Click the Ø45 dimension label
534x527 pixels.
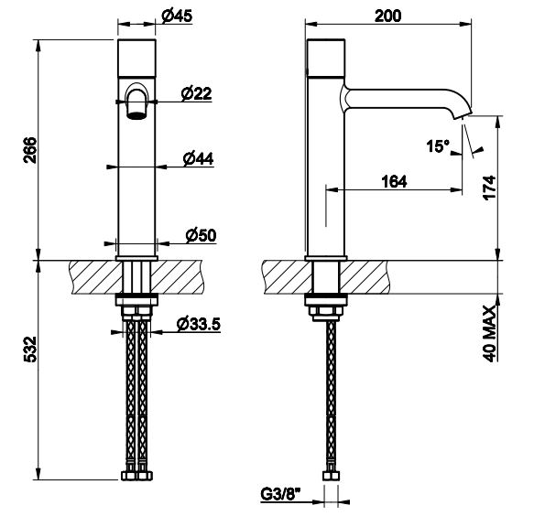coord(177,16)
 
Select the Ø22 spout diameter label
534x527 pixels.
coord(197,93)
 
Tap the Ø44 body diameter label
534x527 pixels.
coord(198,158)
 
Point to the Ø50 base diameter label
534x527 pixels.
coord(201,235)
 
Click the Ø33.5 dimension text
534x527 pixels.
coord(199,324)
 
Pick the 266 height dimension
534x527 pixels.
coord(30,150)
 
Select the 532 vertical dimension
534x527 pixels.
coord(30,350)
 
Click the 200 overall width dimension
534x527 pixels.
coord(387,16)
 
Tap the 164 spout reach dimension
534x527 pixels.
coord(394,181)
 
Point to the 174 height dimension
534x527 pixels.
coord(489,188)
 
